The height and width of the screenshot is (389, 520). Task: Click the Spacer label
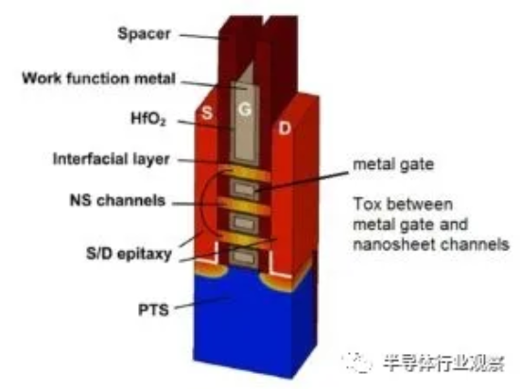coord(144,34)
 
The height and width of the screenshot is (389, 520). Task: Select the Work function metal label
coord(98,78)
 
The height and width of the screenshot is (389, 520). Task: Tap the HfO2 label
coord(147,119)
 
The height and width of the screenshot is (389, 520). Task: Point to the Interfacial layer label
coord(112,159)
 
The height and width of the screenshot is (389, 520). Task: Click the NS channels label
coord(117,200)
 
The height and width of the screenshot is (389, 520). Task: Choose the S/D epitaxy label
coord(129,254)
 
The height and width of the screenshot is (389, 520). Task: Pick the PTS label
coord(153,311)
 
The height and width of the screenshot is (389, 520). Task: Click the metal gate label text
coord(393,164)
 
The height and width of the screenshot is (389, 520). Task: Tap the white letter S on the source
coord(207,113)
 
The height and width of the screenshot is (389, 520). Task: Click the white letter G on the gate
coord(245,109)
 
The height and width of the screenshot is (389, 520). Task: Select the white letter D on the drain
coord(285,128)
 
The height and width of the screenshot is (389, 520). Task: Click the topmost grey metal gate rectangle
coord(244,189)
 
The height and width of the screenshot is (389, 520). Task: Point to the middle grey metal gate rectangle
coord(244,223)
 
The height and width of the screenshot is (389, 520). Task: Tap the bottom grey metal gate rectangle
coord(244,257)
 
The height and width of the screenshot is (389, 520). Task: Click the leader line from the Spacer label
coord(202,37)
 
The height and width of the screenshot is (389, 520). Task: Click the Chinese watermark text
coord(444,364)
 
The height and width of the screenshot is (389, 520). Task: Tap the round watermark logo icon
coord(357,363)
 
